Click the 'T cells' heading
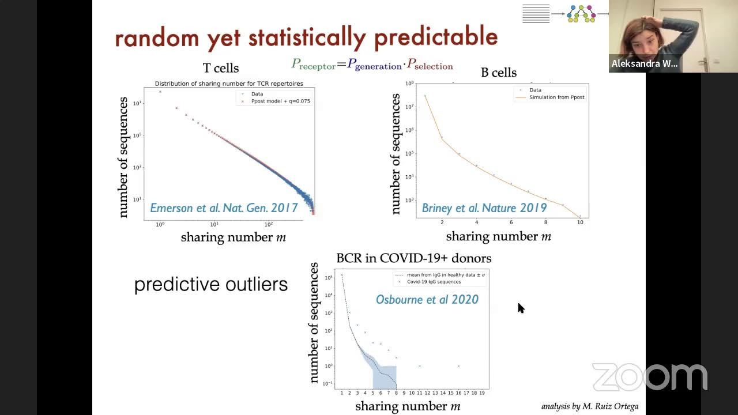point(221,68)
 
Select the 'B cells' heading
point(499,73)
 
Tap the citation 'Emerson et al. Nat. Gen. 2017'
point(224,208)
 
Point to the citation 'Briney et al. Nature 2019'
point(484,208)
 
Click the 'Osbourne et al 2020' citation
point(427,299)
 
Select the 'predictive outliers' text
point(210,284)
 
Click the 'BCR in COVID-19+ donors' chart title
point(413,258)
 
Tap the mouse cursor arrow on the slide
point(521,308)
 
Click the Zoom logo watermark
point(649,378)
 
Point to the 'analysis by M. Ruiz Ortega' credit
point(589,406)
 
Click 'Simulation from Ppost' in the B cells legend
point(556,97)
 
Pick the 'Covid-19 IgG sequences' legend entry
point(433,282)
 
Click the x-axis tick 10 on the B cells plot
point(580,222)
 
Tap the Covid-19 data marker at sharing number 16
point(458,366)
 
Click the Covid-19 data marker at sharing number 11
point(420,366)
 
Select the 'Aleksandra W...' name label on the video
point(644,63)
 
